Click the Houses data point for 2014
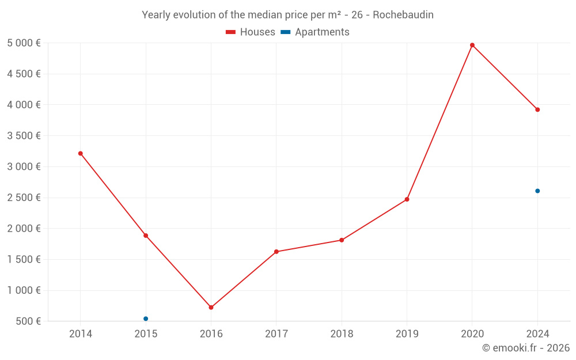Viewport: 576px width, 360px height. [x=81, y=153]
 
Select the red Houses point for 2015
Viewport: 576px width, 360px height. [x=146, y=236]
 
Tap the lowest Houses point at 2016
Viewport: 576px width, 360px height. [x=211, y=308]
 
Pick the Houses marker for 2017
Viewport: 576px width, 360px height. [x=276, y=252]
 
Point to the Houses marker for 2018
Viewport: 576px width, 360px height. [x=342, y=240]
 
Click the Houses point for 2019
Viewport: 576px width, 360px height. [x=407, y=199]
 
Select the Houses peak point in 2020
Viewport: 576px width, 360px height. [x=472, y=45]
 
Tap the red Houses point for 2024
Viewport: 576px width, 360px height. [x=537, y=109]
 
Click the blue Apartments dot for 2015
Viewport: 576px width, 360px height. [x=146, y=319]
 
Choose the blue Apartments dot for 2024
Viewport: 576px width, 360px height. [x=537, y=191]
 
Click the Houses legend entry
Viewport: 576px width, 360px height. [x=251, y=32]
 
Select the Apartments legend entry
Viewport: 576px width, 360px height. [x=315, y=32]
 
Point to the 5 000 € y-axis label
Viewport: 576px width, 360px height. [x=24, y=43]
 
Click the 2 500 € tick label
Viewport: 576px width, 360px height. [x=24, y=198]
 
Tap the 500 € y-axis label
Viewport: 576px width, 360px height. [x=28, y=321]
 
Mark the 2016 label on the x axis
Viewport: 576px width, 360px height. [x=211, y=334]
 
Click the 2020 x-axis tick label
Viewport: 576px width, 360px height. [x=472, y=334]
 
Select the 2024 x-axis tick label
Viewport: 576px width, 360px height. [x=537, y=334]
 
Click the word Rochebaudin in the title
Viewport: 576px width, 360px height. [x=403, y=14]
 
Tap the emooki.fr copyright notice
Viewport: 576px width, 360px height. [x=526, y=348]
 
